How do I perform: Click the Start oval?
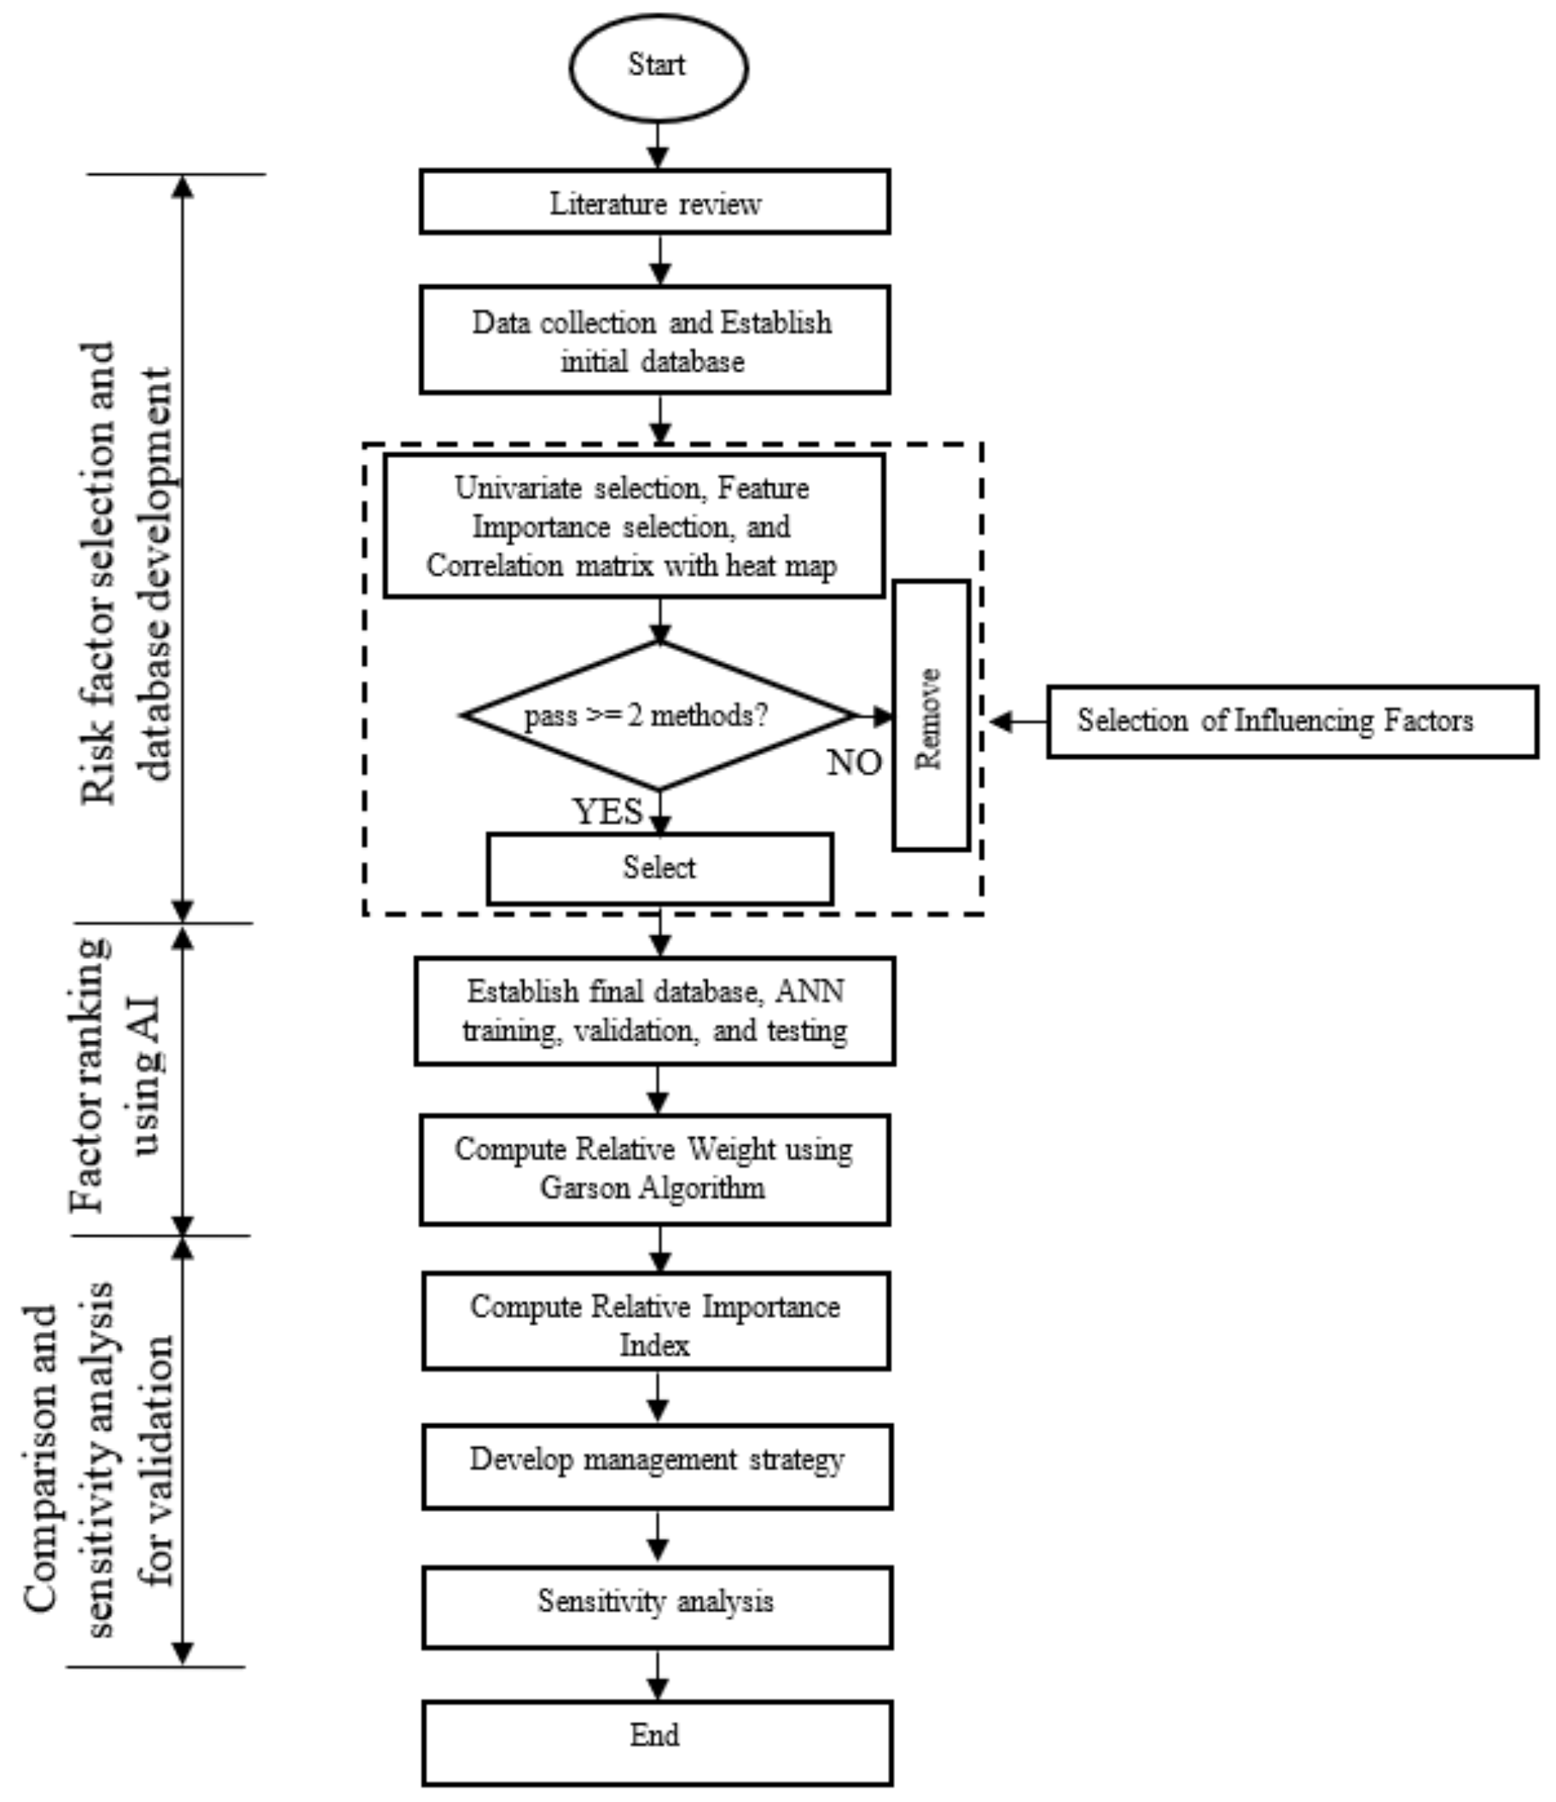(x=659, y=67)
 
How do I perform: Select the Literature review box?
(x=655, y=202)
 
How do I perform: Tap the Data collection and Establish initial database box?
(x=655, y=340)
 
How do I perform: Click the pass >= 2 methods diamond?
(x=659, y=716)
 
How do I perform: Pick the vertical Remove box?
(x=931, y=715)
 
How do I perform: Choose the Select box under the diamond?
(x=659, y=868)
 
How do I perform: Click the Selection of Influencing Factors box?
(x=1292, y=721)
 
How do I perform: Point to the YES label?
(x=607, y=811)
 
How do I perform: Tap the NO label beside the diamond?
(x=854, y=763)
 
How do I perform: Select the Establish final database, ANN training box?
(x=655, y=1010)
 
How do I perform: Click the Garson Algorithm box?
(x=655, y=1169)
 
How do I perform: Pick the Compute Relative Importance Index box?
(x=656, y=1325)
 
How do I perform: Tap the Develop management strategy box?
(x=657, y=1467)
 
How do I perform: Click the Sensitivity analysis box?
(x=657, y=1607)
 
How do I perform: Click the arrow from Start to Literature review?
(x=659, y=145)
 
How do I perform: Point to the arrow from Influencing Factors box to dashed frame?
(x=1018, y=721)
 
